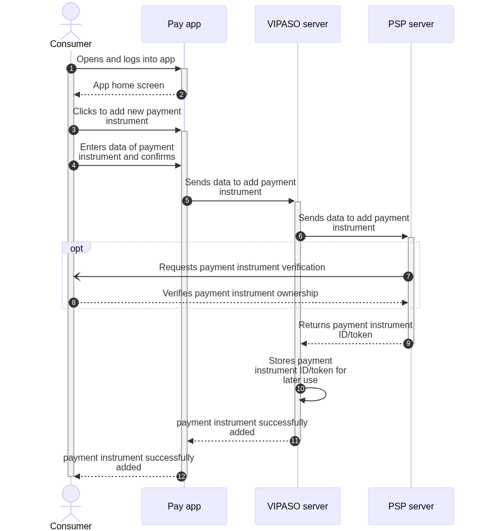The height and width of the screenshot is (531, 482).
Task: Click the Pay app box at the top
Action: pos(184,24)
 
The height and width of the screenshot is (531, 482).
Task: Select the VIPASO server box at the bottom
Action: pos(298,506)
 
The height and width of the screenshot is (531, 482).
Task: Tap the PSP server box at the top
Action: pos(411,24)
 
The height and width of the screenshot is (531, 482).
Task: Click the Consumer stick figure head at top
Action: pos(71,11)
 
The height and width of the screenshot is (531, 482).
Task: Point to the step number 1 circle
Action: pos(71,69)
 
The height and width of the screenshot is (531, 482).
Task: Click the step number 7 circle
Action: pos(408,277)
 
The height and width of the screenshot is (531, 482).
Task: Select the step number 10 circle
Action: pos(301,388)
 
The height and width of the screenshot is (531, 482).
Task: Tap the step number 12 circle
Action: pos(181,477)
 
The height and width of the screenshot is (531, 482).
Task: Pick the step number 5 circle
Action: pos(187,201)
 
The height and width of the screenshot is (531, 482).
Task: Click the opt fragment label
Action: pos(77,248)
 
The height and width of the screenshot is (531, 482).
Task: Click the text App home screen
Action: pos(129,86)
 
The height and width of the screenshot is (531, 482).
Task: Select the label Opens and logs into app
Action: pos(126,60)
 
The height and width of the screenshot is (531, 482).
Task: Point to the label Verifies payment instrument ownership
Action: pos(240,294)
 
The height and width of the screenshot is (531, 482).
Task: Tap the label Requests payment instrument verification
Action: pos(242,267)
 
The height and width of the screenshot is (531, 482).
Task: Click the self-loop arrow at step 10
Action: pos(325,394)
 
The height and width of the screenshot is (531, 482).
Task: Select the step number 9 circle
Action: pos(408,343)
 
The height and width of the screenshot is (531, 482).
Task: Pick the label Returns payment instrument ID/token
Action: pos(355,330)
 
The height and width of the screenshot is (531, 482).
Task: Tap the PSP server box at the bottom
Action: pos(411,506)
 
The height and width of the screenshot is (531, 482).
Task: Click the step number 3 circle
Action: pos(74,130)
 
